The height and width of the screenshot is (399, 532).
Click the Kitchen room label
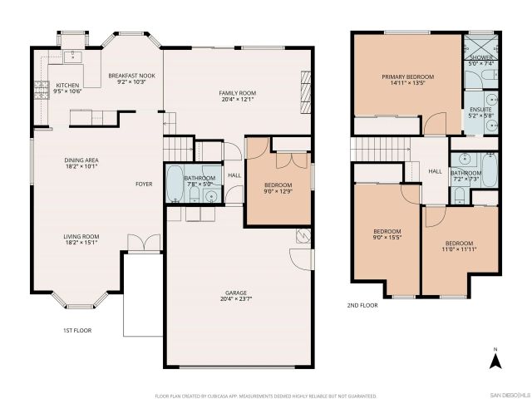[x=67, y=86]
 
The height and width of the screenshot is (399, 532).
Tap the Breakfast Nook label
[x=131, y=76]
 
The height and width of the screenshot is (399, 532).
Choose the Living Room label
[x=81, y=239]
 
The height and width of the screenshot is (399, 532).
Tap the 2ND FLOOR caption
[x=362, y=305]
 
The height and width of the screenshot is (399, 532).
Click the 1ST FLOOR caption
[x=76, y=331]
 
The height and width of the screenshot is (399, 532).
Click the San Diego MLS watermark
[x=509, y=393]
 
